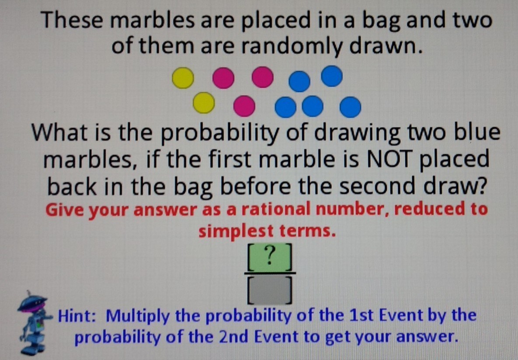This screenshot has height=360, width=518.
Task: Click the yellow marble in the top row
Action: click(x=183, y=78)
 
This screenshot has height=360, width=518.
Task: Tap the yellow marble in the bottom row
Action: click(x=204, y=103)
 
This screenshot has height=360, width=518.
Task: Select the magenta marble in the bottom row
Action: click(x=244, y=106)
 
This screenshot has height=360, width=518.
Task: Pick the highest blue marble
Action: click(x=332, y=76)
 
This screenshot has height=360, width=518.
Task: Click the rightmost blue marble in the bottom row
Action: click(x=351, y=107)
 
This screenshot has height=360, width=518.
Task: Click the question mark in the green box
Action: click(x=270, y=255)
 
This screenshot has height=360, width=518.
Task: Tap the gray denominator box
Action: click(x=270, y=290)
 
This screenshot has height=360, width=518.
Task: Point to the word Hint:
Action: click(x=77, y=315)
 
